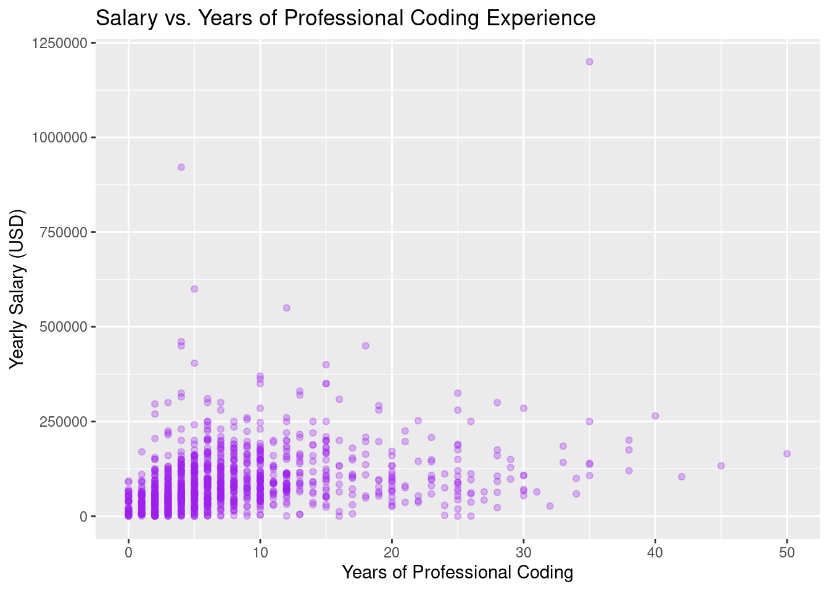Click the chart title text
(345, 18)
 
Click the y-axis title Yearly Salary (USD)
(18, 289)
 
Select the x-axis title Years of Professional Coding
(457, 572)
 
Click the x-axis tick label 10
(260, 552)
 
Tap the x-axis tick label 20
(392, 552)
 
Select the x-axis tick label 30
(524, 552)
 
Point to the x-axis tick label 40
(655, 552)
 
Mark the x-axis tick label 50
(787, 552)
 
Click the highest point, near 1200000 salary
(589, 62)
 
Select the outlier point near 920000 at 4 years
(181, 167)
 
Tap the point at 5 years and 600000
(194, 289)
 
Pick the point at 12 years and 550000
(286, 308)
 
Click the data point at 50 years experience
(787, 454)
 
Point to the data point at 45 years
(721, 466)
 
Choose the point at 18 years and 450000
(365, 345)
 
